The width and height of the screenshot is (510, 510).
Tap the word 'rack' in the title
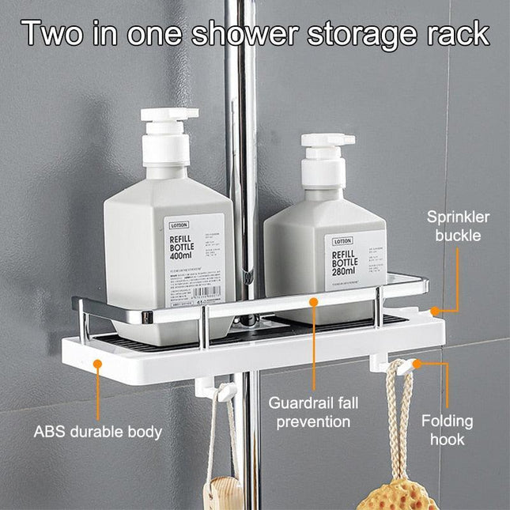[453, 34]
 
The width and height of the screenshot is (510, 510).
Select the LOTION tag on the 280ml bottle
[342, 241]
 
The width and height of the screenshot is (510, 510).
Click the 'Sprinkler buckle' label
[459, 226]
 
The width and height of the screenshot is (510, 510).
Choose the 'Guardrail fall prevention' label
[312, 412]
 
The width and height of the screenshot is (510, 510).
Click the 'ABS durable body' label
[98, 432]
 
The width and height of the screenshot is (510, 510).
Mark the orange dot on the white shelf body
[97, 363]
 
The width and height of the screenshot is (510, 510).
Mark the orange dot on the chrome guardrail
[314, 301]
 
